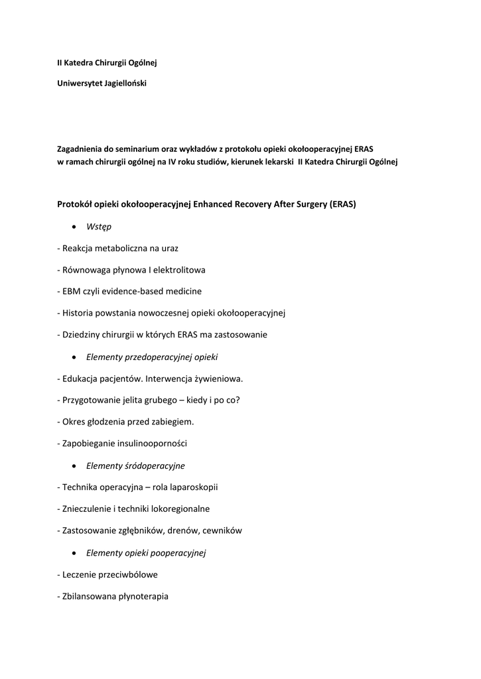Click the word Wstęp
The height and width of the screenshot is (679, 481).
pyautogui.click(x=99, y=227)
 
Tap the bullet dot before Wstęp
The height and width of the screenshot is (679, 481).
pyautogui.click(x=76, y=227)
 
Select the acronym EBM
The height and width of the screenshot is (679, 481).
pyautogui.click(x=71, y=291)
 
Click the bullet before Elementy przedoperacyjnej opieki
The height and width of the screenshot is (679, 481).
pyautogui.click(x=76, y=357)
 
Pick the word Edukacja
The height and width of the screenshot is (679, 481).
pyautogui.click(x=80, y=379)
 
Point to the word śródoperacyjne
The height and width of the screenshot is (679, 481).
pyautogui.click(x=155, y=465)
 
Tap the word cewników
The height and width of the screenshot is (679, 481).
pyautogui.click(x=224, y=530)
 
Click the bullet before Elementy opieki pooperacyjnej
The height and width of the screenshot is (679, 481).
pyautogui.click(x=76, y=552)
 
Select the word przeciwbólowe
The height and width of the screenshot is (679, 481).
pyautogui.click(x=127, y=574)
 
